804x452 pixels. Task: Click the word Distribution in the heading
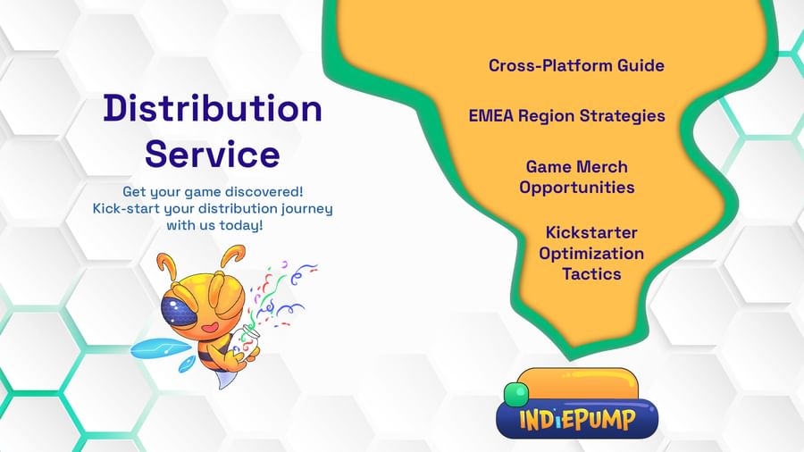(213, 108)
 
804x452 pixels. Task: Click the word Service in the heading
(213, 154)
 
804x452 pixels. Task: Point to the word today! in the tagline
(241, 225)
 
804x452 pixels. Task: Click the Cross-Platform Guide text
(576, 65)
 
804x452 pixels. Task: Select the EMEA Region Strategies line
(566, 116)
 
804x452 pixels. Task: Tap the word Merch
(601, 166)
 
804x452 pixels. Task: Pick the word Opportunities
(577, 188)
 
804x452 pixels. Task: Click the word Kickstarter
(591, 232)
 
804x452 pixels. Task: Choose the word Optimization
(591, 253)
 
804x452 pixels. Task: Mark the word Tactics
(591, 273)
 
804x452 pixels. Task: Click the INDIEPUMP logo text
(577, 420)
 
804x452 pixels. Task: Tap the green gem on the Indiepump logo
(515, 394)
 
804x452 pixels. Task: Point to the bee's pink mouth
(210, 327)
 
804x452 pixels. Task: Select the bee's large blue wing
(155, 349)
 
